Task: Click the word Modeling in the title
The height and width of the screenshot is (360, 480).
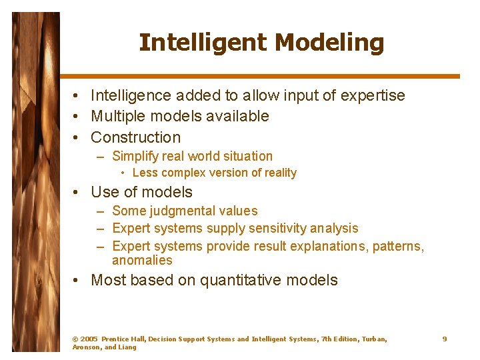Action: click(329, 43)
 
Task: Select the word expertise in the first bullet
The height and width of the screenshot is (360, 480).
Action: click(373, 95)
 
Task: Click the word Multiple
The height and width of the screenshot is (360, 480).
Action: click(119, 116)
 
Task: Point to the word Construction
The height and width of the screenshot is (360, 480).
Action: click(135, 137)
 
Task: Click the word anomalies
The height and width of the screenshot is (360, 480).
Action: click(142, 261)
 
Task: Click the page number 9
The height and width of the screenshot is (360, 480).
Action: click(444, 339)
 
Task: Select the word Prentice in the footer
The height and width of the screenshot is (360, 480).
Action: click(115, 339)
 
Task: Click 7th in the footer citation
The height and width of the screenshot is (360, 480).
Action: click(327, 339)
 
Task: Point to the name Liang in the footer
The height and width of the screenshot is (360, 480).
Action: click(127, 347)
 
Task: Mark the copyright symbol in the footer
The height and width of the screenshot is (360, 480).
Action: click(75, 339)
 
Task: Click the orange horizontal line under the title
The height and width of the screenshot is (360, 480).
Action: click(260, 77)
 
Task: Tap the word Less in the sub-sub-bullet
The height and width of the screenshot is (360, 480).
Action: click(145, 173)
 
